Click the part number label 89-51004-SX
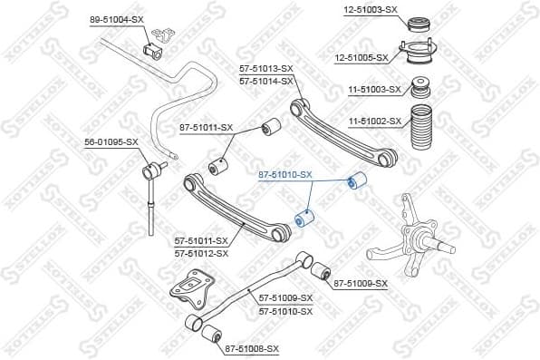pyautogui.click(x=117, y=19)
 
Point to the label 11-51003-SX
pyautogui.click(x=373, y=89)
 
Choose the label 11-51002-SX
pyautogui.click(x=373, y=119)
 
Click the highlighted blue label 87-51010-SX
pyautogui.click(x=284, y=174)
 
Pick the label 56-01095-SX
pyautogui.click(x=111, y=141)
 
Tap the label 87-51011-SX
pyautogui.click(x=206, y=129)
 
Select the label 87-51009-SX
pyautogui.click(x=360, y=284)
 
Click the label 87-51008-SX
pyautogui.click(x=251, y=348)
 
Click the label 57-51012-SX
pyautogui.click(x=202, y=253)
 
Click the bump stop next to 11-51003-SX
pyautogui.click(x=420, y=89)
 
